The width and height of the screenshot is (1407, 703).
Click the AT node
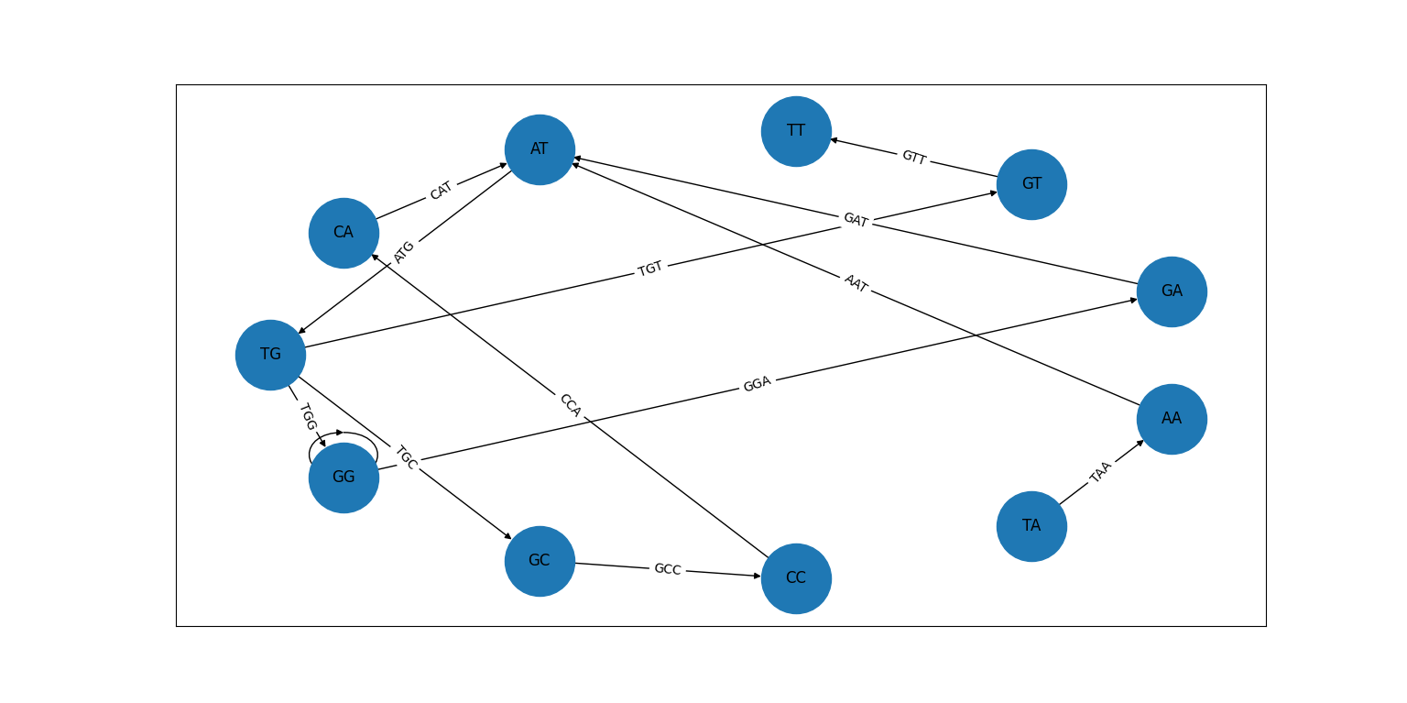coord(540,149)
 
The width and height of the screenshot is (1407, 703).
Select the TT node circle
coord(796,131)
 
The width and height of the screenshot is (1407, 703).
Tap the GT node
coord(1031,184)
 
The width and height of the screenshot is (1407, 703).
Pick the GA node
coord(1172,291)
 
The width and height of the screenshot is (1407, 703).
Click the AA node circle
coord(1172,419)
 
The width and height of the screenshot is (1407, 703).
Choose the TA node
coord(1031,526)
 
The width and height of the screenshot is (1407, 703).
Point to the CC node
coord(796,578)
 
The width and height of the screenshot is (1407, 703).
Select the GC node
coord(540,561)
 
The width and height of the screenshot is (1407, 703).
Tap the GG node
coord(344,478)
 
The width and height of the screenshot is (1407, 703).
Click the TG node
coord(270,355)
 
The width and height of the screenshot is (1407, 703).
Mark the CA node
coord(344,233)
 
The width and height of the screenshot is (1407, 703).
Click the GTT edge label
coord(913,158)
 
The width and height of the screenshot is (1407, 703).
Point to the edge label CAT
coord(441,191)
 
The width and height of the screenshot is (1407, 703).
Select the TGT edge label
coord(650,269)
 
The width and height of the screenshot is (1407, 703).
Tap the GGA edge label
coord(757,384)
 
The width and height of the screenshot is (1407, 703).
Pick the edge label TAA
coord(1100,472)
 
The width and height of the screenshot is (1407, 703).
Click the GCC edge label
coord(667,569)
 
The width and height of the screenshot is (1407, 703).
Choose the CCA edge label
coord(570,405)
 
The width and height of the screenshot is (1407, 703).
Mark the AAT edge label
coord(856,283)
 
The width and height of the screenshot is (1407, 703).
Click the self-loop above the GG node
coord(344,434)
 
